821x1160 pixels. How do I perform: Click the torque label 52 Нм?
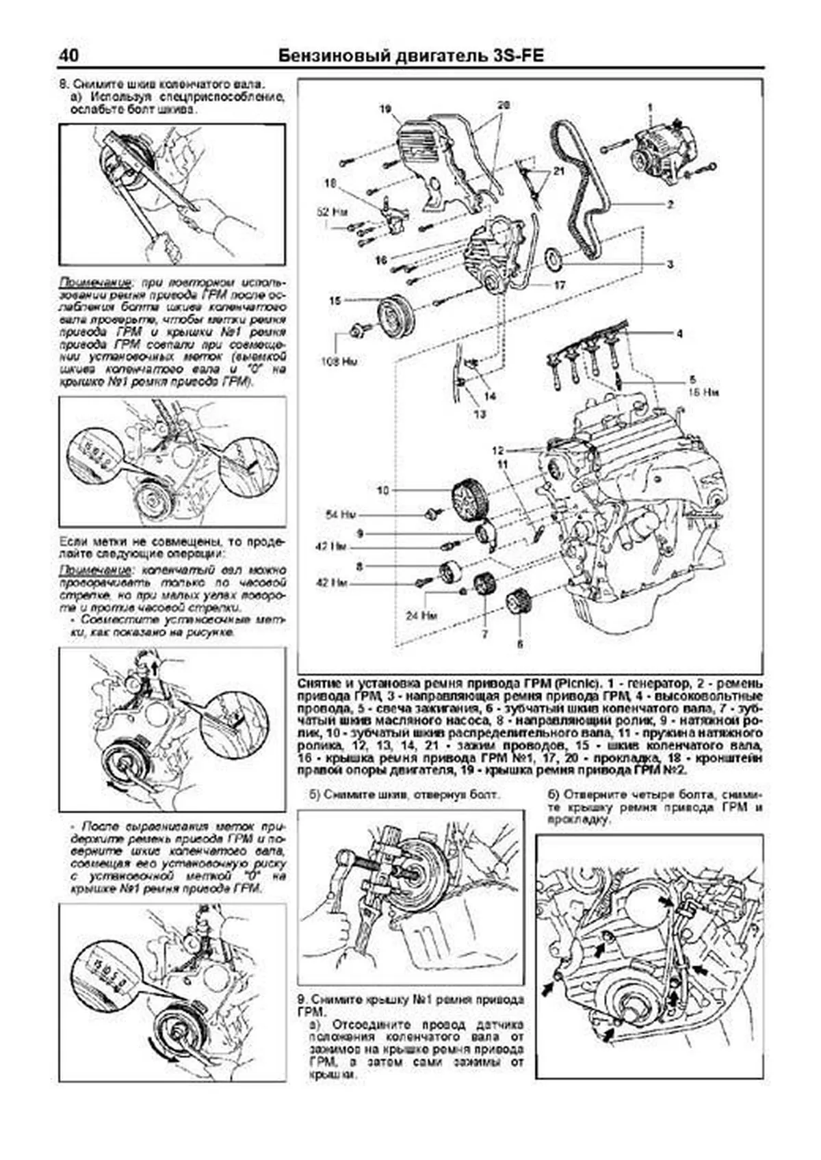330,212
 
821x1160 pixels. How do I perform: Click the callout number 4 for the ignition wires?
679,334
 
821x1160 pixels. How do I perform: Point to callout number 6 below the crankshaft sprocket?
519,644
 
